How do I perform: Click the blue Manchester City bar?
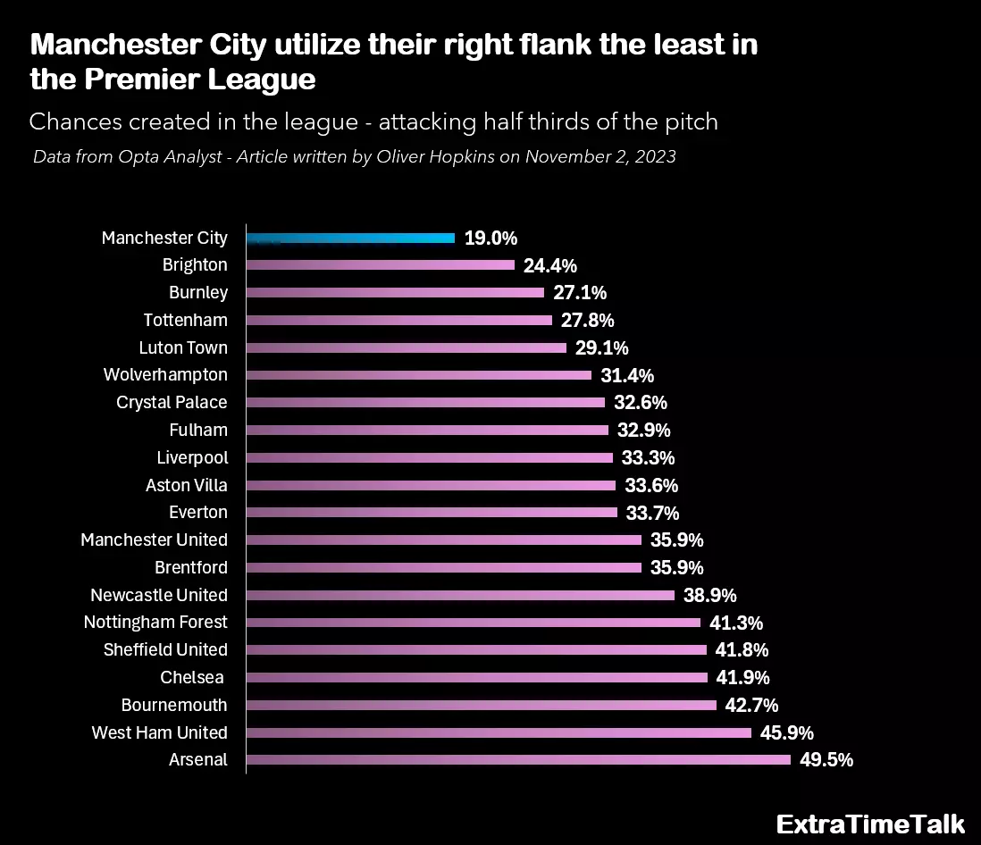pos(350,238)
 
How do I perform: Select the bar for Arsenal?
pos(518,760)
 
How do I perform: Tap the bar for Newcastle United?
pos(460,595)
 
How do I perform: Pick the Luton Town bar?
pos(407,347)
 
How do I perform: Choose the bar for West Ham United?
pos(499,732)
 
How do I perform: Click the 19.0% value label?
pos(490,238)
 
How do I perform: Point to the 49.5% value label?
pos(826,760)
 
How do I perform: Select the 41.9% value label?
pos(742,678)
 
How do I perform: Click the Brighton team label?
pos(195,265)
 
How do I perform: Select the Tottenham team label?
pos(185,320)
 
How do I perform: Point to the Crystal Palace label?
pos(172,403)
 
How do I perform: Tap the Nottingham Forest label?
pos(155,623)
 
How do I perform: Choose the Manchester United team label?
pos(154,540)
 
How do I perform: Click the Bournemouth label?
pos(174,705)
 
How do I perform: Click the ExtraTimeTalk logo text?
pos(870,824)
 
